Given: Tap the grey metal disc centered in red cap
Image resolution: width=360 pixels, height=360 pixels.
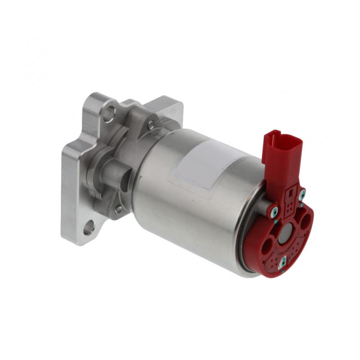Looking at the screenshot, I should click(x=285, y=234).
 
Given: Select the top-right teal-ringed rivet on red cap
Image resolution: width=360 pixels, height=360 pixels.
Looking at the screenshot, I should click(x=302, y=194).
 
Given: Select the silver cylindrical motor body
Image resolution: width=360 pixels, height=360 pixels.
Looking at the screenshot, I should click(x=193, y=202).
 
